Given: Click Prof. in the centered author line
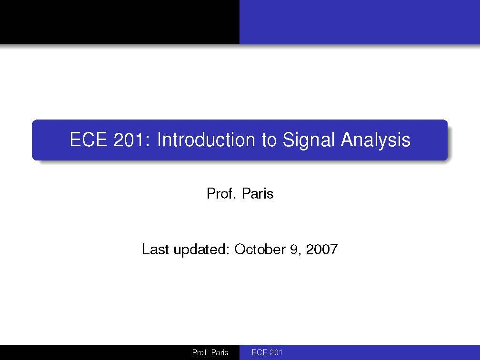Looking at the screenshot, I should coord(221,194).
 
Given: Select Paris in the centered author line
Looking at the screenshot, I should coord(258,194).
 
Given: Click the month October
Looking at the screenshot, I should coord(260,249).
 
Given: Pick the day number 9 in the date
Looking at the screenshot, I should coord(293,249).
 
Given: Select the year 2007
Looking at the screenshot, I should coord(321,249).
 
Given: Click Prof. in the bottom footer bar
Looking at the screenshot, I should coord(200,353).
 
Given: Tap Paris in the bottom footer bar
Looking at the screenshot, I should coord(220,353).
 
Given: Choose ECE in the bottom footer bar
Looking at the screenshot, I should coord(260,353).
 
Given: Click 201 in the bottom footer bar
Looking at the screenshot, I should coord(276,353).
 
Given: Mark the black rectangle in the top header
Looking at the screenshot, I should coord(119,22).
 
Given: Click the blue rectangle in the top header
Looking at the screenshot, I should coord(360,22).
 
